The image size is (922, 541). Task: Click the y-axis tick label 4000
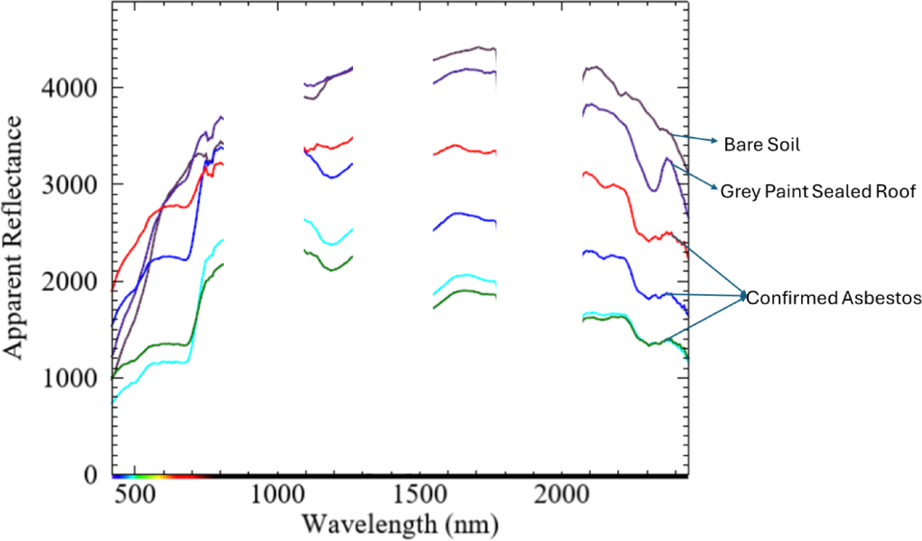(69, 88)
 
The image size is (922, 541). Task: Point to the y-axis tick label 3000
(69, 185)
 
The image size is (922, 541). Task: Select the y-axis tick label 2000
(69, 282)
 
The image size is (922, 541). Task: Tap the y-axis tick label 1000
(69, 378)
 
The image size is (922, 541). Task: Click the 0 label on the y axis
(90, 475)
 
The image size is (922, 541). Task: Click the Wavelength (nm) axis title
(400, 524)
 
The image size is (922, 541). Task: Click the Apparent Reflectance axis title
(13, 238)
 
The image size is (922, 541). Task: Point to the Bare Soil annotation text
(761, 144)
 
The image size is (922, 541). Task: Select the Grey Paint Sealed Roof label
(817, 191)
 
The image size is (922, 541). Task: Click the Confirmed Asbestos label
(834, 298)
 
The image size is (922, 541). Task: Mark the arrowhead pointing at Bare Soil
(715, 141)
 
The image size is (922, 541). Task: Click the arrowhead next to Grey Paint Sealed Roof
(714, 188)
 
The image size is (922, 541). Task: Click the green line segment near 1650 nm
(464, 291)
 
